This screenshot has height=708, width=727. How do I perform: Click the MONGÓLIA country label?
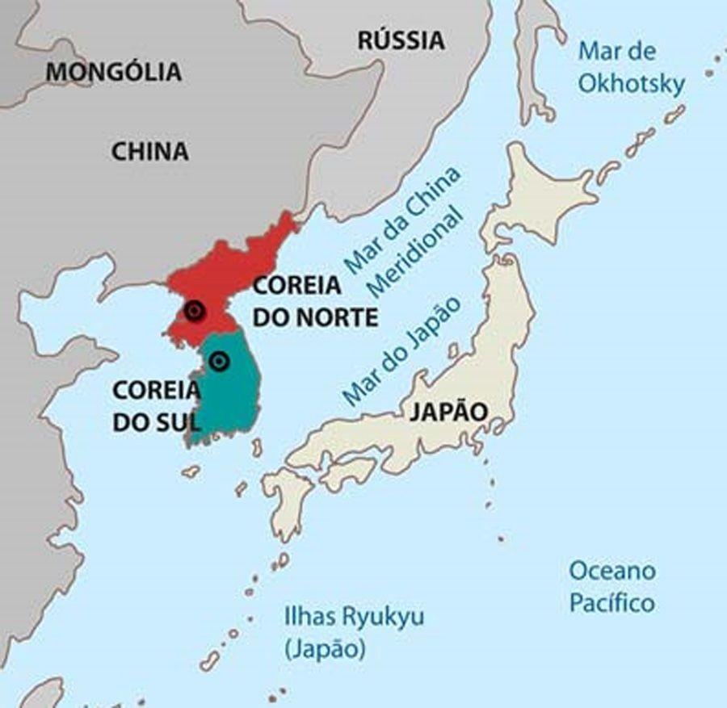(x=113, y=72)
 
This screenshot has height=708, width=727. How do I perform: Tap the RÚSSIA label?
(x=401, y=40)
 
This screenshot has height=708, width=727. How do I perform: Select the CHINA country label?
(x=150, y=151)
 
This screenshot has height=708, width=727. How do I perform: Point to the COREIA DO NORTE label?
(x=315, y=301)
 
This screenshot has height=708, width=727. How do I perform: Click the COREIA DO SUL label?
(x=155, y=405)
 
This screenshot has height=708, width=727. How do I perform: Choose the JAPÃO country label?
(x=449, y=412)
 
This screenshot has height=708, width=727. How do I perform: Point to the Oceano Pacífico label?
(x=612, y=586)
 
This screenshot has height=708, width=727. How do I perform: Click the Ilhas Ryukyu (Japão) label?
(x=354, y=632)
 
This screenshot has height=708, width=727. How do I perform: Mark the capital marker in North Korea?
(x=194, y=312)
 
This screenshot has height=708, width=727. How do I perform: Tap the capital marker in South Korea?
(x=218, y=362)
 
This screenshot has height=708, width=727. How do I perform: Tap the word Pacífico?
(x=612, y=602)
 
